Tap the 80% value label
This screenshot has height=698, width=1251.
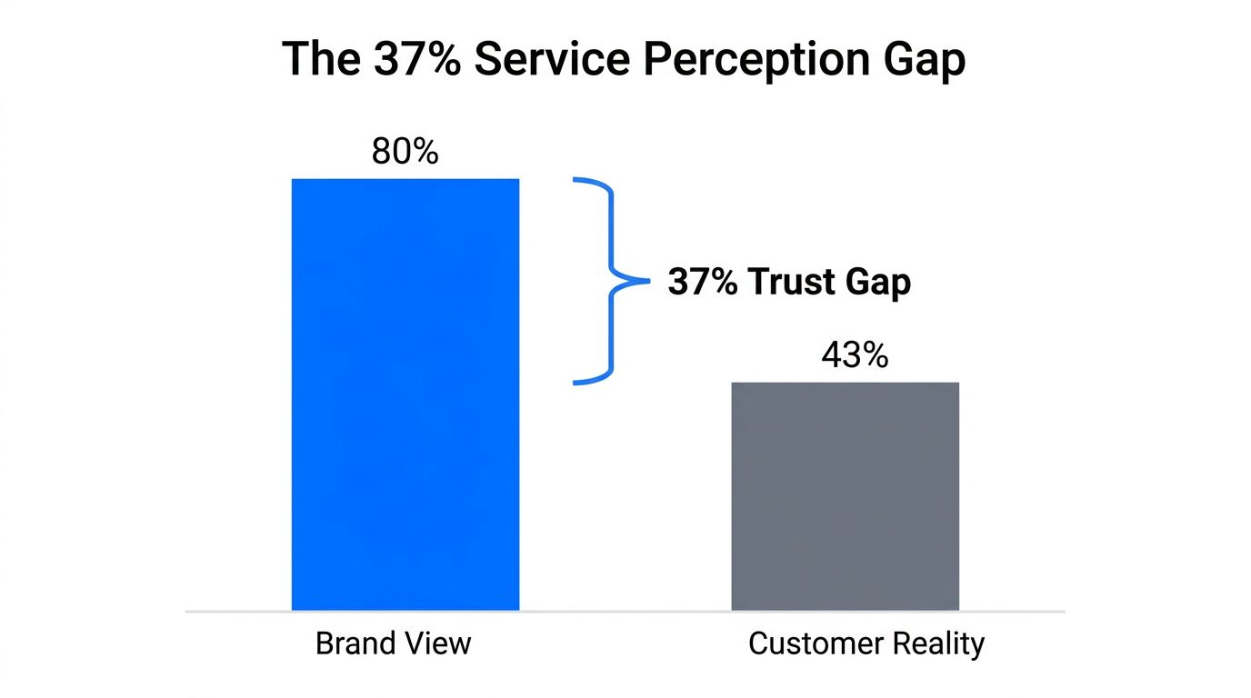[x=405, y=152]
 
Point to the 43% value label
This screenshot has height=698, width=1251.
[x=854, y=355]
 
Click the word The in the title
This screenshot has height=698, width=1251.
[x=319, y=59]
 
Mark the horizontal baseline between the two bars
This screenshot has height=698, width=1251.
[x=625, y=611]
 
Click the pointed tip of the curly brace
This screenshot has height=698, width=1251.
[x=647, y=281]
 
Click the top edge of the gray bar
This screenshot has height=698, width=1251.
[x=845, y=383]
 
